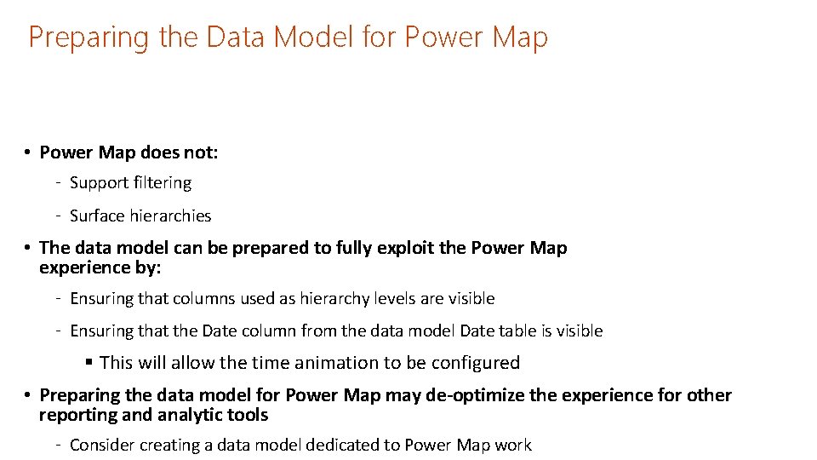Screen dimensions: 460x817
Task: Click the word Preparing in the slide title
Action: (77, 38)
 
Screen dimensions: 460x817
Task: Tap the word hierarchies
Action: (169, 216)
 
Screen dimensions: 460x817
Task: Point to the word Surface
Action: (97, 216)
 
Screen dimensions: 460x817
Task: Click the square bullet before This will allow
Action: (89, 362)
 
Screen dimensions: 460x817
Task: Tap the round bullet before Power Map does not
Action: (28, 152)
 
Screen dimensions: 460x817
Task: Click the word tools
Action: (249, 415)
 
